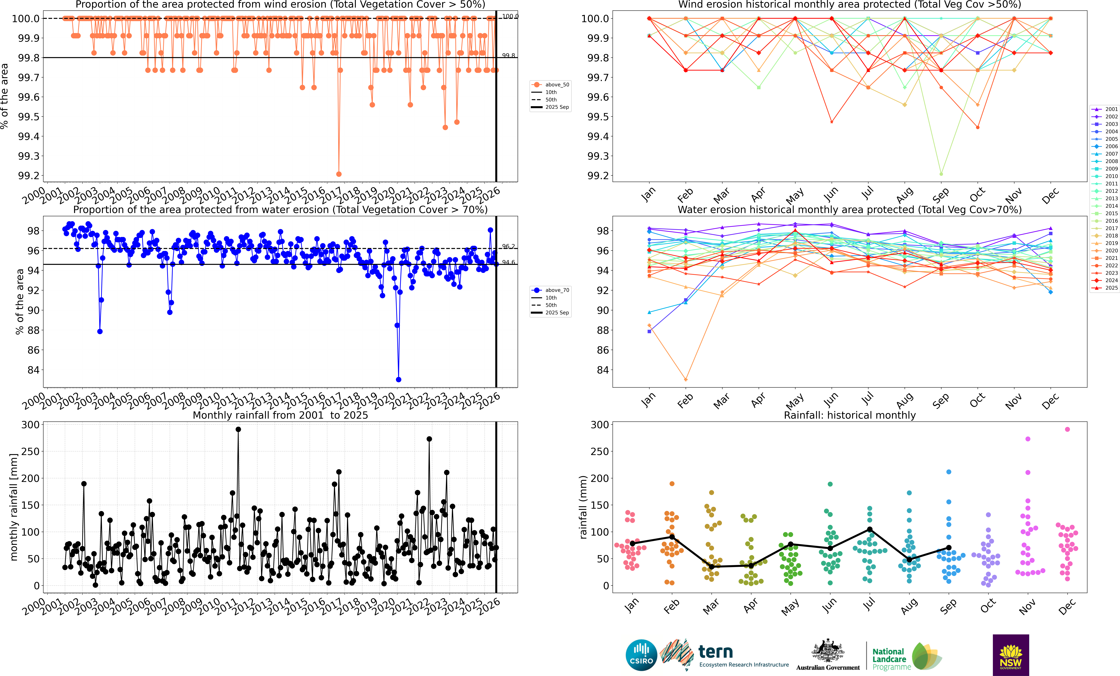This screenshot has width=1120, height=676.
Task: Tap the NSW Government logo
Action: pyautogui.click(x=1010, y=655)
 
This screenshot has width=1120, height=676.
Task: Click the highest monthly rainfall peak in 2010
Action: pyautogui.click(x=238, y=429)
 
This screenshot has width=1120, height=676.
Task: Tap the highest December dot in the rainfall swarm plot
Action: pyautogui.click(x=1067, y=429)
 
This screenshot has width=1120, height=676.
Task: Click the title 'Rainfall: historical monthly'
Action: pyautogui.click(x=850, y=415)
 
